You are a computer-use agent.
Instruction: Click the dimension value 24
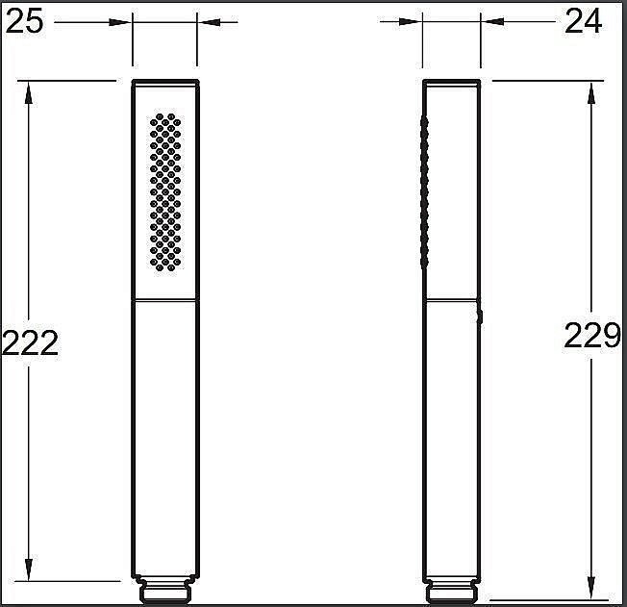[x=584, y=20]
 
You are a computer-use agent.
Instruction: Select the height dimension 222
[x=30, y=341]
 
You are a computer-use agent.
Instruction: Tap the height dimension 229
[x=591, y=336]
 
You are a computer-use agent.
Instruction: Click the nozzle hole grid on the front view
[x=165, y=192]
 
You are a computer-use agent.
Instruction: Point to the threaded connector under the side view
[x=452, y=590]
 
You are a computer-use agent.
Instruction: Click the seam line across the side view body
[x=451, y=301]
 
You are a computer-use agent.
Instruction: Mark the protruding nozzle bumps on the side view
[x=422, y=192]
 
